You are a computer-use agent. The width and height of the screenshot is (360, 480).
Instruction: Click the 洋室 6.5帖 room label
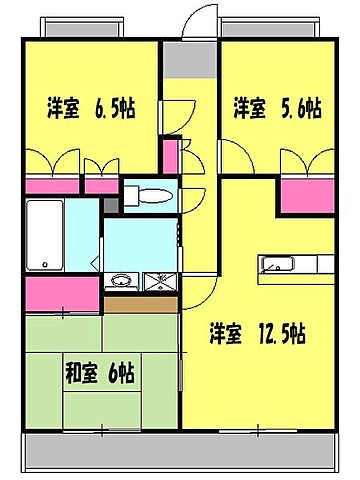point(89,107)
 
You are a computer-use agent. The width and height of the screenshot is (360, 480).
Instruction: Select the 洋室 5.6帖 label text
point(276,107)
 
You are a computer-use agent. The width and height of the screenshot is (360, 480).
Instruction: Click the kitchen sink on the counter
point(275,265)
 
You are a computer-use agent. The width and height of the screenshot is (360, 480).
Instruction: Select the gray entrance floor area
point(184,59)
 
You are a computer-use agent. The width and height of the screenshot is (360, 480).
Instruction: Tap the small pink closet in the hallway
point(170,156)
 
